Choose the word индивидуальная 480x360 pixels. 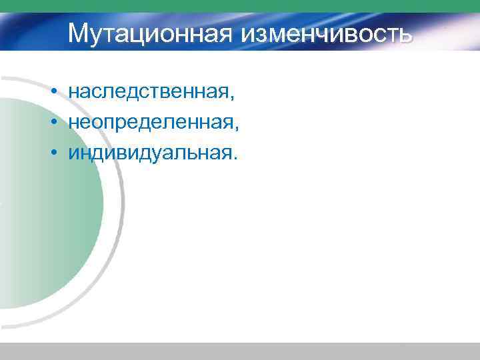[149, 153]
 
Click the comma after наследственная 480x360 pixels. [233, 98]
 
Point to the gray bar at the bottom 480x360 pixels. [240, 351]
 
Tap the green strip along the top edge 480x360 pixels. [240, 6]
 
